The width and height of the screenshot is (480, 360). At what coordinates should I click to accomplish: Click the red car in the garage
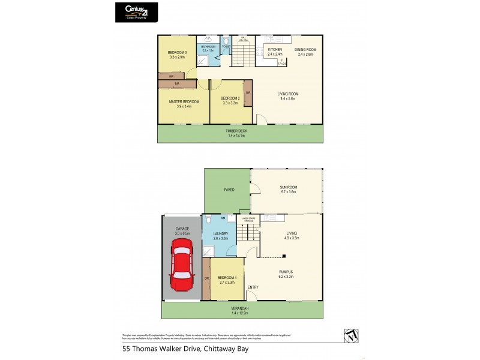point(181,263)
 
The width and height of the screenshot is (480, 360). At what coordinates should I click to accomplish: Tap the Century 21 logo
point(137,11)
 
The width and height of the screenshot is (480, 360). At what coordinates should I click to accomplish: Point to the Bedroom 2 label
point(230,98)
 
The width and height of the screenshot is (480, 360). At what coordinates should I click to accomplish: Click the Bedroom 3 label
point(178,53)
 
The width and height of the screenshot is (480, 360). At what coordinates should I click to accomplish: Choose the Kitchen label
point(275,49)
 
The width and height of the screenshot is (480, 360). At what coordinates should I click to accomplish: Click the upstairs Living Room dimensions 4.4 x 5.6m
point(287,98)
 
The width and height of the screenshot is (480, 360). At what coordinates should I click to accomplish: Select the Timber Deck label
point(236,131)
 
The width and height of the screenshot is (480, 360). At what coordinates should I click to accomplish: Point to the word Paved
point(228,190)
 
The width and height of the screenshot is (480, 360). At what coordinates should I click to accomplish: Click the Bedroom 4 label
point(226,277)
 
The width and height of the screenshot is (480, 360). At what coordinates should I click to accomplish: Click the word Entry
point(253,287)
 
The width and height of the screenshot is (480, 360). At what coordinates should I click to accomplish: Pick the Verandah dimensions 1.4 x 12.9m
point(241,313)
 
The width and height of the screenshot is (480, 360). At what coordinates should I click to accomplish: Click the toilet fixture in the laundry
point(207,220)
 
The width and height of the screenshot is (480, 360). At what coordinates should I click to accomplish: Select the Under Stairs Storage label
point(247,220)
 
